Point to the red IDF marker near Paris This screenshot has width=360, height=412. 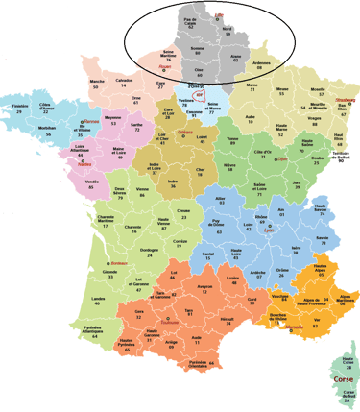click(x=198, y=96)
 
